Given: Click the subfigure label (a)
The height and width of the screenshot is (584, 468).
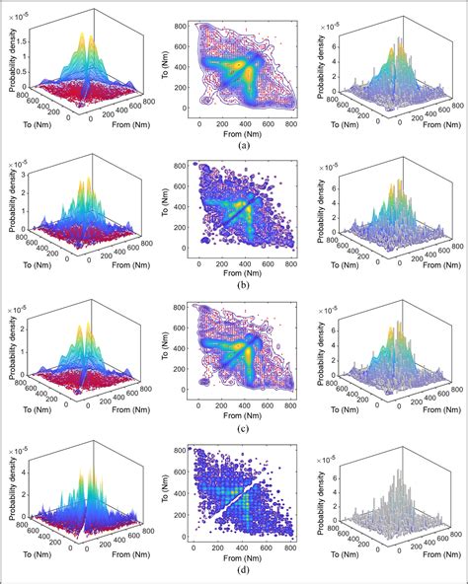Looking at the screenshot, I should pyautogui.click(x=242, y=144).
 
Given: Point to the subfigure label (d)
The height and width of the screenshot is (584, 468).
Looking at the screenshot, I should pyautogui.click(x=242, y=574).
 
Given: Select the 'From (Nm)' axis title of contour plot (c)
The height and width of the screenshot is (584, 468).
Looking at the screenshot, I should pyautogui.click(x=242, y=418).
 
